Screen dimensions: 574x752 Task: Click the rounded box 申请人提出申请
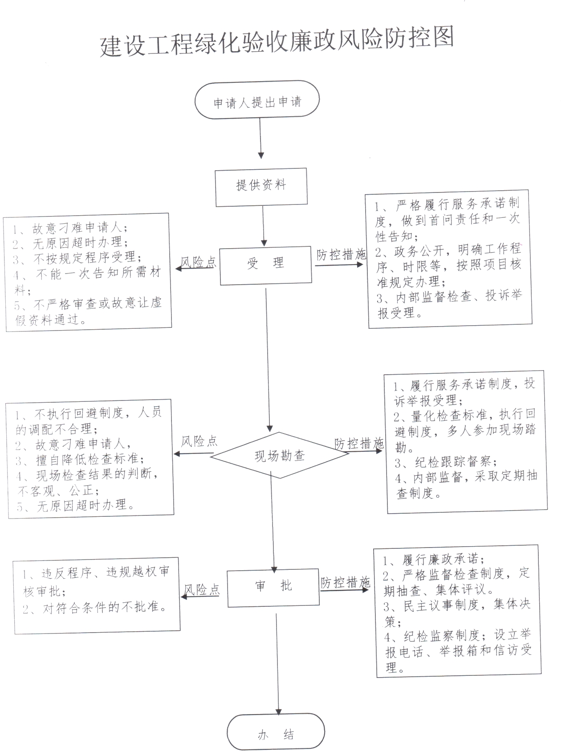coord(257,100)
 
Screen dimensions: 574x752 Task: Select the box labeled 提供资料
coord(261,187)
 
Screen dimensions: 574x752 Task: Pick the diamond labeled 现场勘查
coord(280,455)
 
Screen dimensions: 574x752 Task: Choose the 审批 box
coord(273,588)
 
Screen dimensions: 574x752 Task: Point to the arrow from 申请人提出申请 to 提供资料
coord(261,139)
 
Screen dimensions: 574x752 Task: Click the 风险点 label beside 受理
coord(198,262)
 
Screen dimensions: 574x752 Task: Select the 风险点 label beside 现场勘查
coord(199,441)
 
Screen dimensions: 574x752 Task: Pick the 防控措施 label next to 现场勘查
coord(359,443)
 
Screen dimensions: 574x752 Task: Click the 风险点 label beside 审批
coord(202,590)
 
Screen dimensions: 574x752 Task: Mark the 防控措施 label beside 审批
coord(346,582)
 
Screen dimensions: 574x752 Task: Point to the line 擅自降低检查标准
coord(81,459)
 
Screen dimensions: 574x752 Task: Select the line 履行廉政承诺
coord(434,559)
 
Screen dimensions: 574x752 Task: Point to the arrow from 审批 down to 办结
coord(277,664)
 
